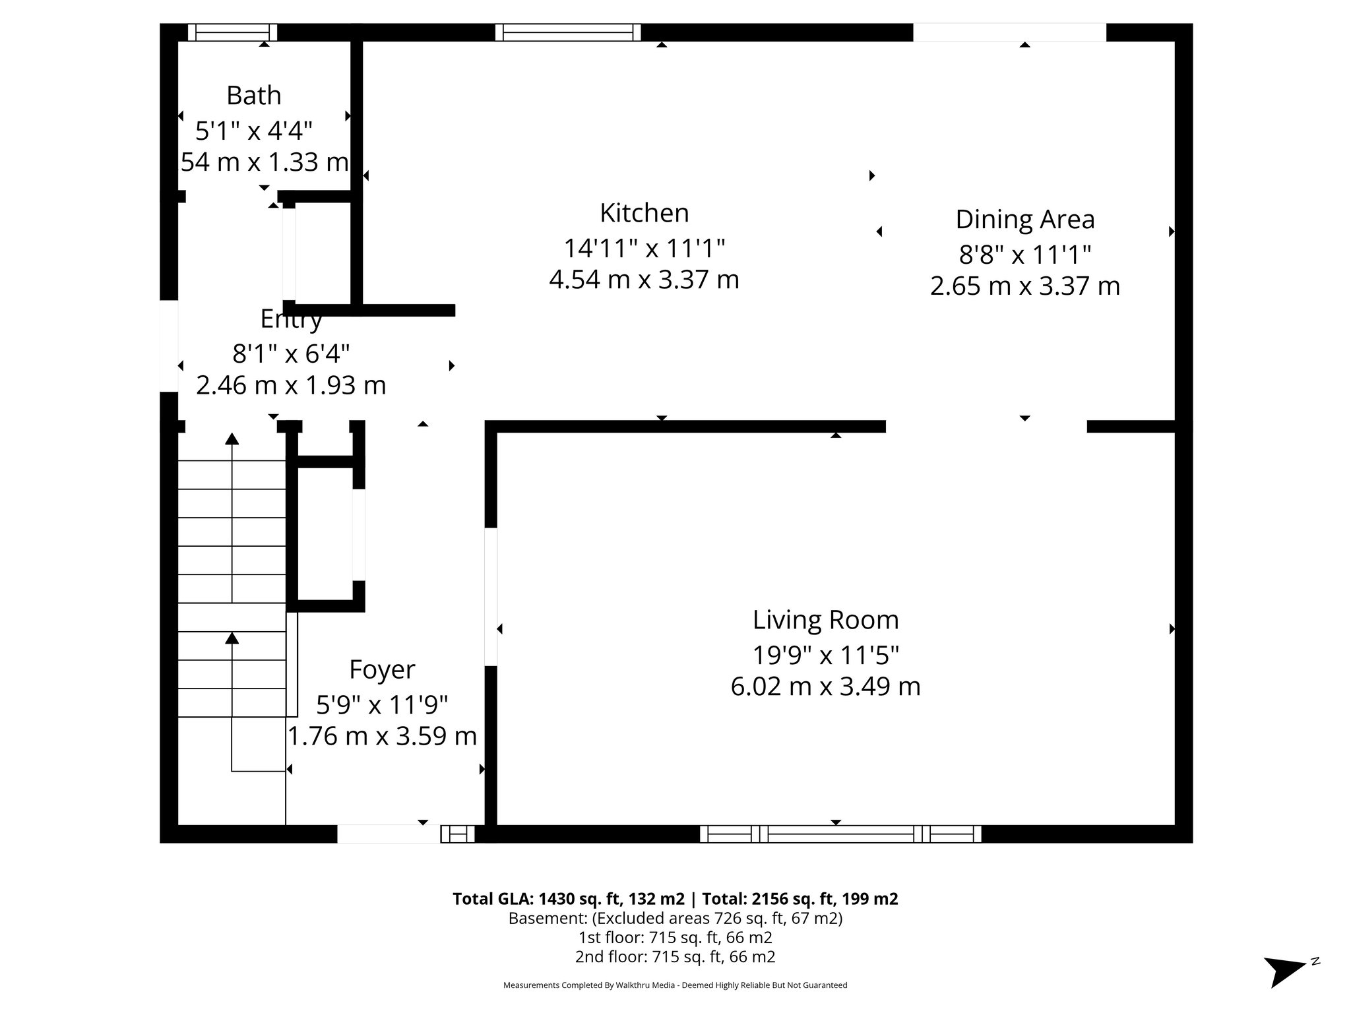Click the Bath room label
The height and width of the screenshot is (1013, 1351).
(x=254, y=96)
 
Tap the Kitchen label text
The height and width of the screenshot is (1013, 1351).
(x=644, y=213)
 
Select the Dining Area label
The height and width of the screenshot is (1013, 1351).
(x=1025, y=220)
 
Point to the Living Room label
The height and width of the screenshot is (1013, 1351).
(x=826, y=620)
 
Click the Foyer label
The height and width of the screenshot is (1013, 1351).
(x=382, y=669)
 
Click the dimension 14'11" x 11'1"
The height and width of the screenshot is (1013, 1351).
(x=644, y=249)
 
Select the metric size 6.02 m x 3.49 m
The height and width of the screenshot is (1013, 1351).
(x=826, y=687)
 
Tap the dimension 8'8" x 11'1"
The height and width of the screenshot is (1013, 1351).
(x=1025, y=254)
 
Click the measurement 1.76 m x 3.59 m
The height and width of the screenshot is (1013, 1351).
(x=382, y=736)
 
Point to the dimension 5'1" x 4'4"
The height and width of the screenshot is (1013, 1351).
(x=254, y=131)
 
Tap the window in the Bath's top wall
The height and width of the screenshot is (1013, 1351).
(x=232, y=32)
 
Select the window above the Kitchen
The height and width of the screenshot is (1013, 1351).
(x=568, y=32)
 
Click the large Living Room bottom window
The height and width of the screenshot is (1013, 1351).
(x=840, y=834)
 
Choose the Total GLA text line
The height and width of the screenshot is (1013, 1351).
(x=675, y=899)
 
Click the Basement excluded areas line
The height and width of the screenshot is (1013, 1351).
(x=675, y=918)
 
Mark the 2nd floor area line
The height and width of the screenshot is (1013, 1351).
(x=675, y=956)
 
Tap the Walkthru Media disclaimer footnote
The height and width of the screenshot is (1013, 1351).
(x=675, y=985)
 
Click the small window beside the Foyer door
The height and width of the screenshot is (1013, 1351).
(x=457, y=834)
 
